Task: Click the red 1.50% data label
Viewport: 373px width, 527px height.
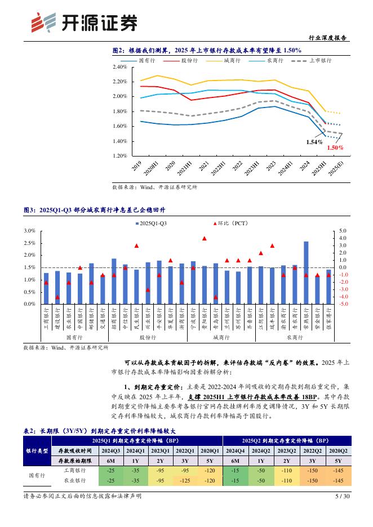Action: (334, 147)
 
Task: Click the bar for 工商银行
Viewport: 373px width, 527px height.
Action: (46, 288)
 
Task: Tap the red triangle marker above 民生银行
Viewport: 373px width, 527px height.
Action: (136, 246)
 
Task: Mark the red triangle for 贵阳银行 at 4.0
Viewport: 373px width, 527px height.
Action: (204, 238)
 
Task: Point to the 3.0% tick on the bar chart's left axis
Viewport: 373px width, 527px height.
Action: (30, 231)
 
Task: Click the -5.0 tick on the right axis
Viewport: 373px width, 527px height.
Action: (344, 304)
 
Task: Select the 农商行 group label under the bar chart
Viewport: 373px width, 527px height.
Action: (295, 337)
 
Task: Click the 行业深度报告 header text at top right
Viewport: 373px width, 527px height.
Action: (328, 38)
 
